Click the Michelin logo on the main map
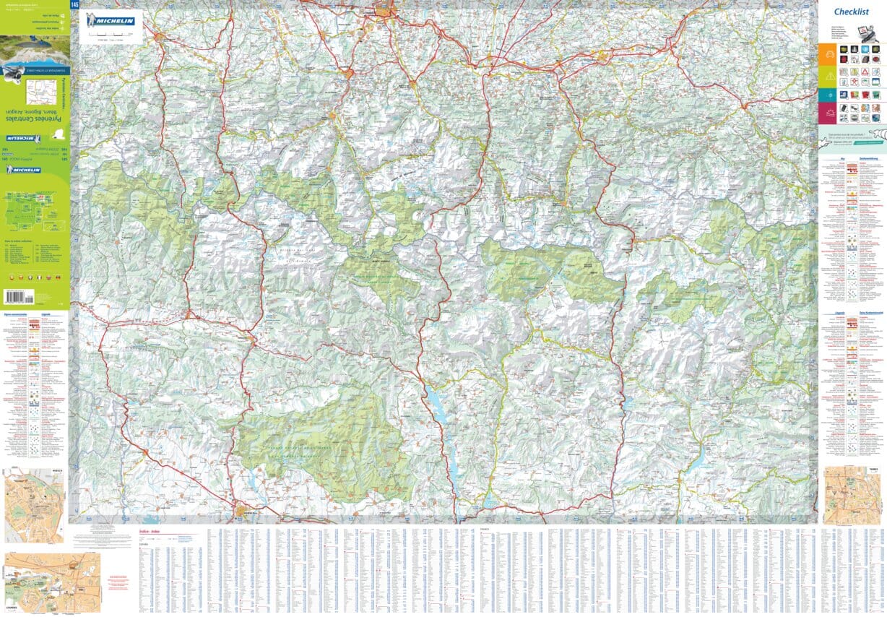point(111,21)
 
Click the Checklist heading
point(851,12)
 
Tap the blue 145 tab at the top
point(74,5)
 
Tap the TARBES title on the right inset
point(873,469)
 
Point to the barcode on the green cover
point(24,296)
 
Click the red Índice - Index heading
point(151,532)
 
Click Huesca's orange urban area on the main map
point(241,514)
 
